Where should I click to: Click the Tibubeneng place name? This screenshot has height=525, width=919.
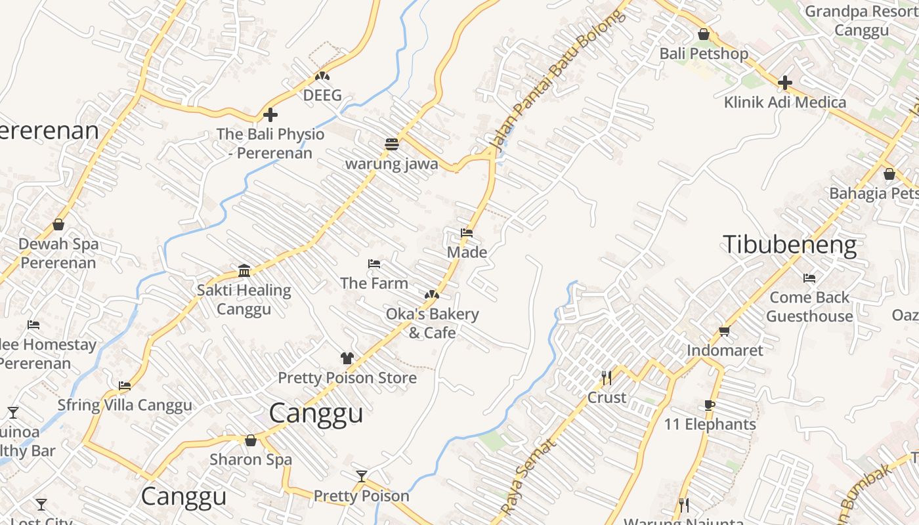[790, 245]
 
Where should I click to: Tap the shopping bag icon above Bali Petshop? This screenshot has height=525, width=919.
[704, 34]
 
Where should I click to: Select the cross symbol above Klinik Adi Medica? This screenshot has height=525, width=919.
[784, 83]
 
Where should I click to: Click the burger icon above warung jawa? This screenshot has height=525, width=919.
[392, 144]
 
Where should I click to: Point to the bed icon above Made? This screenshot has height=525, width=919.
[467, 233]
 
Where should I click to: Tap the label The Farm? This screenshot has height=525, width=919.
[374, 283]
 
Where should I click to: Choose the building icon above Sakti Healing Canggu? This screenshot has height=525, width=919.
[244, 270]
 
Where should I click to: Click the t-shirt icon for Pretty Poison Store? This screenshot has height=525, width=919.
[347, 358]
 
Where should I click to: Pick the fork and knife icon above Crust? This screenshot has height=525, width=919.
[607, 378]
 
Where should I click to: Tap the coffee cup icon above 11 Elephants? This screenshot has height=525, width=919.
[710, 405]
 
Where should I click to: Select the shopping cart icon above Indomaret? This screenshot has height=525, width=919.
[725, 331]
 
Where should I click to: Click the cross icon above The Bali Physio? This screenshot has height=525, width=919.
[270, 115]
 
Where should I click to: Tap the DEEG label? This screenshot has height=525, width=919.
[322, 95]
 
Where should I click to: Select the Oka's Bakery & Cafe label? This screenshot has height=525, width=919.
[432, 324]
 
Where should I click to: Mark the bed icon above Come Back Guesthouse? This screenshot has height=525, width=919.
[809, 278]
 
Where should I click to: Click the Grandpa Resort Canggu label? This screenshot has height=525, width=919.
[861, 21]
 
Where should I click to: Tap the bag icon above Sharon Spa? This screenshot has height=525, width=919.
[250, 440]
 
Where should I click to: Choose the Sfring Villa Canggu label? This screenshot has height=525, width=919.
[125, 405]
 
